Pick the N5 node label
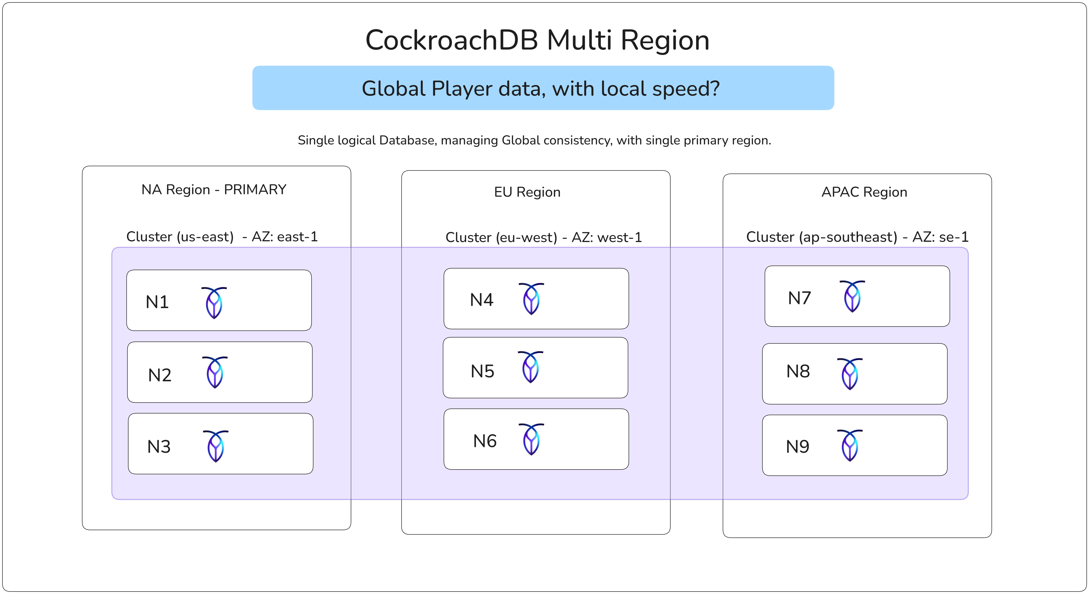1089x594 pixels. (482, 371)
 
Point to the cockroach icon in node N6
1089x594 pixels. (531, 439)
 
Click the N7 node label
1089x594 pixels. (799, 298)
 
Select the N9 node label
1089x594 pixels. (797, 447)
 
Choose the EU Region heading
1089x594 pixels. (527, 192)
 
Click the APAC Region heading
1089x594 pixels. (864, 192)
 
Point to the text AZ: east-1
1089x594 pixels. (285, 237)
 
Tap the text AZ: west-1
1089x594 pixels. (607, 237)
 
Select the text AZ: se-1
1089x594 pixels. (940, 237)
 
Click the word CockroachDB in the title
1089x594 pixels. (452, 41)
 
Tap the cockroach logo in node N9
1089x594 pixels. (850, 445)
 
